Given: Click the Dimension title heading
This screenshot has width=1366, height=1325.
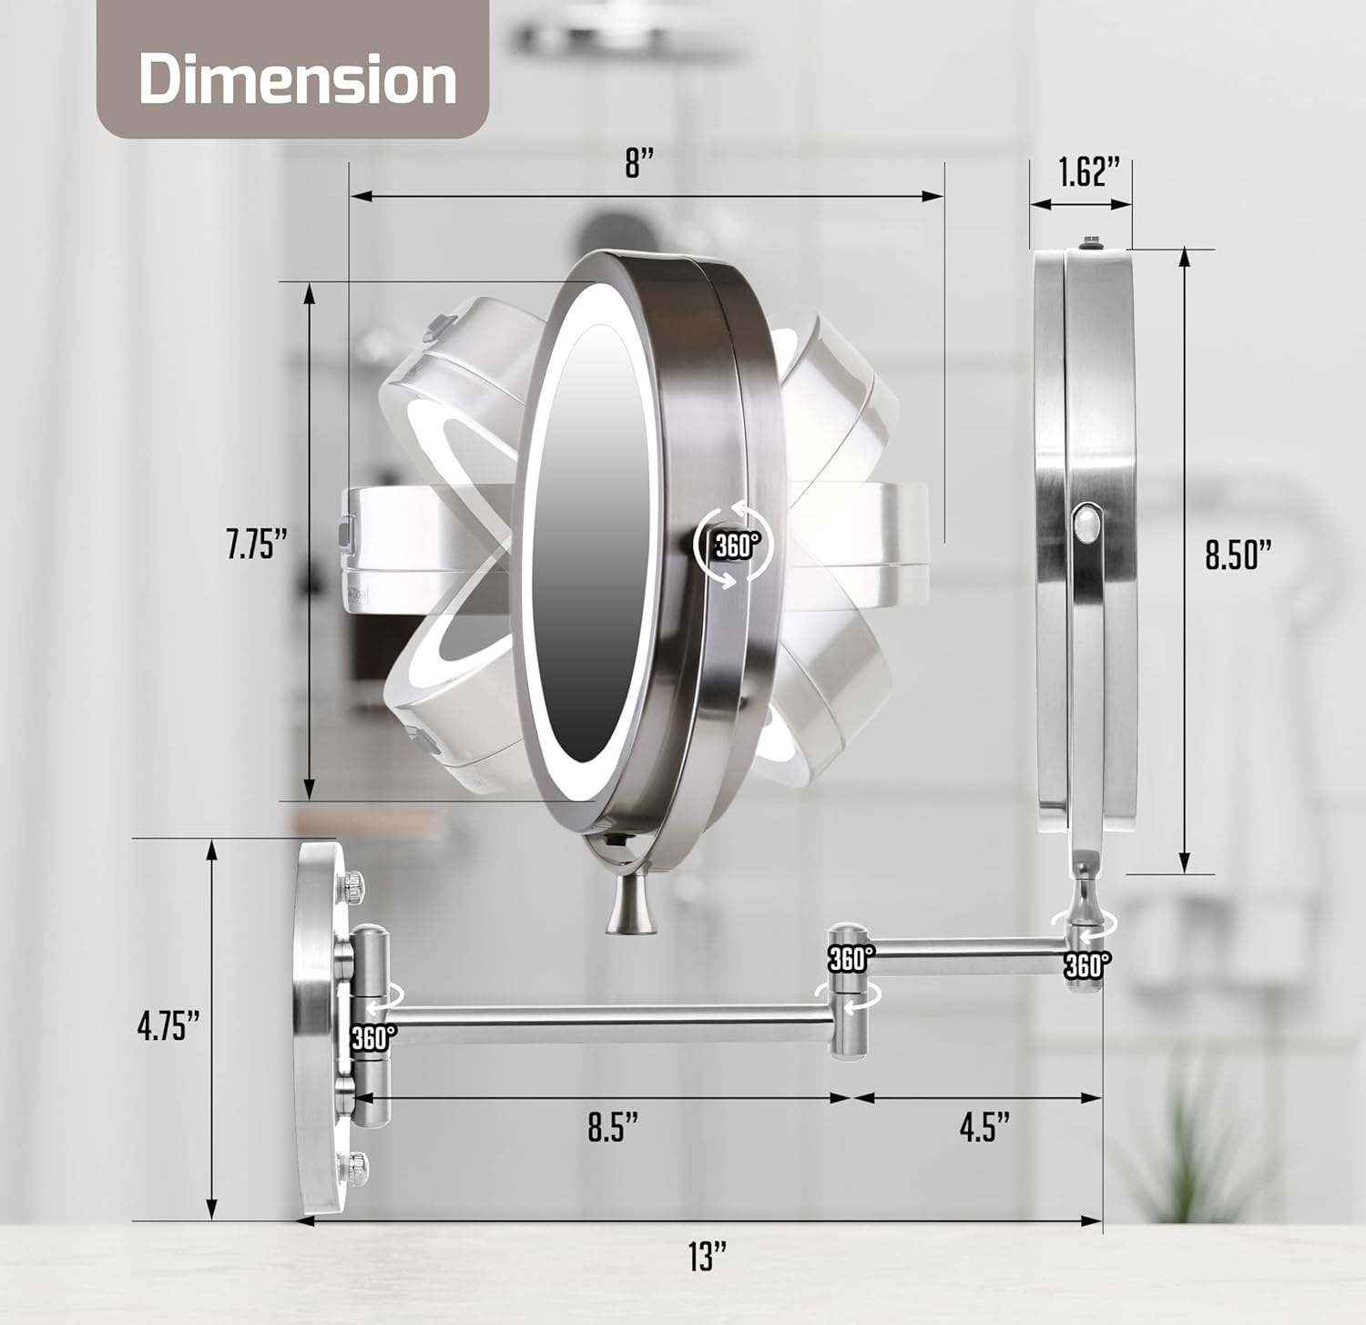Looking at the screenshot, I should [x=297, y=79].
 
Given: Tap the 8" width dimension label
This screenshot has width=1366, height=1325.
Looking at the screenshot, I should [x=639, y=165].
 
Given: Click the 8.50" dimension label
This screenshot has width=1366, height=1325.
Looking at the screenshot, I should [x=1238, y=554].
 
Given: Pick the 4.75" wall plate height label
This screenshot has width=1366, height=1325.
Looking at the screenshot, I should [x=168, y=1026].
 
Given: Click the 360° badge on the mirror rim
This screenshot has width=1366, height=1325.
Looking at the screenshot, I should [x=736, y=545].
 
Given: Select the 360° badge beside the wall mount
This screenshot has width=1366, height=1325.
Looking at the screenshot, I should [x=373, y=1037].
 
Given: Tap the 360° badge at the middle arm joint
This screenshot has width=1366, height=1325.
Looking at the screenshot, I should [x=851, y=958].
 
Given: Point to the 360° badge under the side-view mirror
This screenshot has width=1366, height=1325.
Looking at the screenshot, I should [x=1087, y=964].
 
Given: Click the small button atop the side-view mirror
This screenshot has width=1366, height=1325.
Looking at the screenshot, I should [x=1089, y=244].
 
